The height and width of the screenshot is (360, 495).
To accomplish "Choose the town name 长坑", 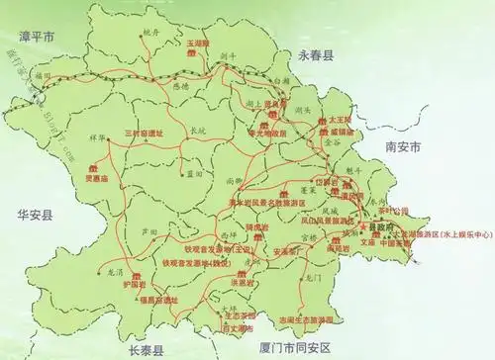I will tap(197, 129).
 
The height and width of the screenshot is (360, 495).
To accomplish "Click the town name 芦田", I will tap(149, 228).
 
